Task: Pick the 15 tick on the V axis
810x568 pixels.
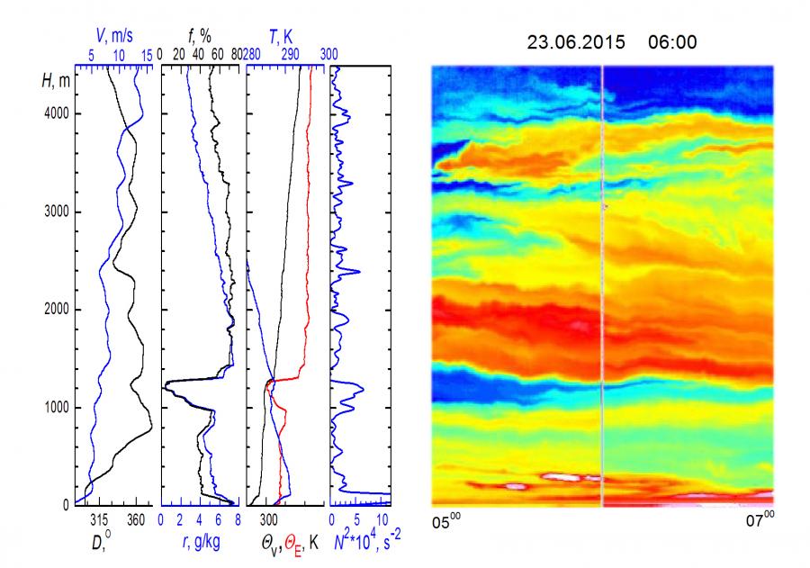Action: (147, 55)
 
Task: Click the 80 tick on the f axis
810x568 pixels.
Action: (236, 55)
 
